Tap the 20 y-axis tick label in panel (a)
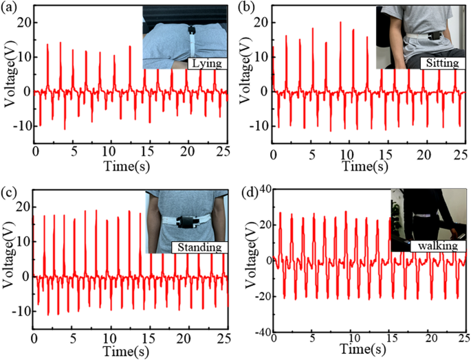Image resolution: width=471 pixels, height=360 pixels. click(25, 22)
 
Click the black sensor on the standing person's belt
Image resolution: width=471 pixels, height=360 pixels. click(186, 222)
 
